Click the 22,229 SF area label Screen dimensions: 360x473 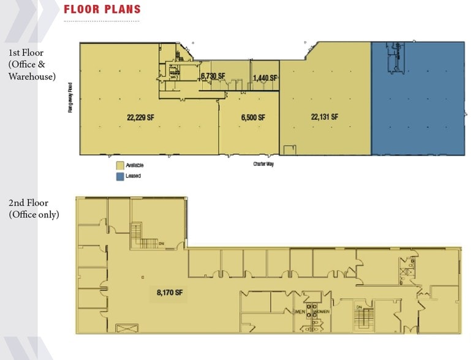140,118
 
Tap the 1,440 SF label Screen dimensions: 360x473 265,78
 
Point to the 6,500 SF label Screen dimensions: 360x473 252,118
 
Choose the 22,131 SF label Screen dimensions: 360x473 325,117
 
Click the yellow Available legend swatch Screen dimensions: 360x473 119,165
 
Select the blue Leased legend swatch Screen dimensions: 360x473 119,176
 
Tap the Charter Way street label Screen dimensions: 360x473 263,164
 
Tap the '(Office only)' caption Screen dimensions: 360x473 34,214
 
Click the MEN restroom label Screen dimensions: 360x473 300,312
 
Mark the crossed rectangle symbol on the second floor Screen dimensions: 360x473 126,328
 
